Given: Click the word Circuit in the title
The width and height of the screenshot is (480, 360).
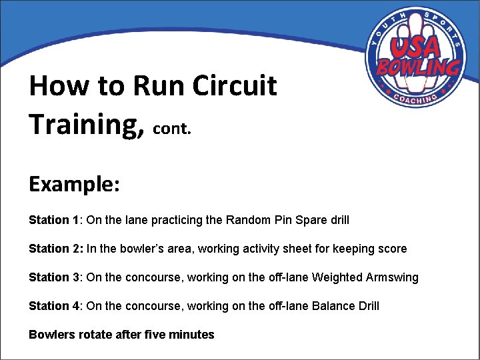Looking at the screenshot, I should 234,86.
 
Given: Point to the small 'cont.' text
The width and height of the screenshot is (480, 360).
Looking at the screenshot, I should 172,129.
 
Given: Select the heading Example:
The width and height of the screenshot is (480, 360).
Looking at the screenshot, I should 74,183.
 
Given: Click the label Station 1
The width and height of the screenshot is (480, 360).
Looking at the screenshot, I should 53,220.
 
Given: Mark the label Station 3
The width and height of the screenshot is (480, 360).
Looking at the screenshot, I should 53,277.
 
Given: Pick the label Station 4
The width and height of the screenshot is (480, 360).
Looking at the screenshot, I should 53,306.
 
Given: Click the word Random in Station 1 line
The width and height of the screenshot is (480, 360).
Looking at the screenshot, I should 247,220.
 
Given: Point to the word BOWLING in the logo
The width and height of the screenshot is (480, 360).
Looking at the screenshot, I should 418,67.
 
